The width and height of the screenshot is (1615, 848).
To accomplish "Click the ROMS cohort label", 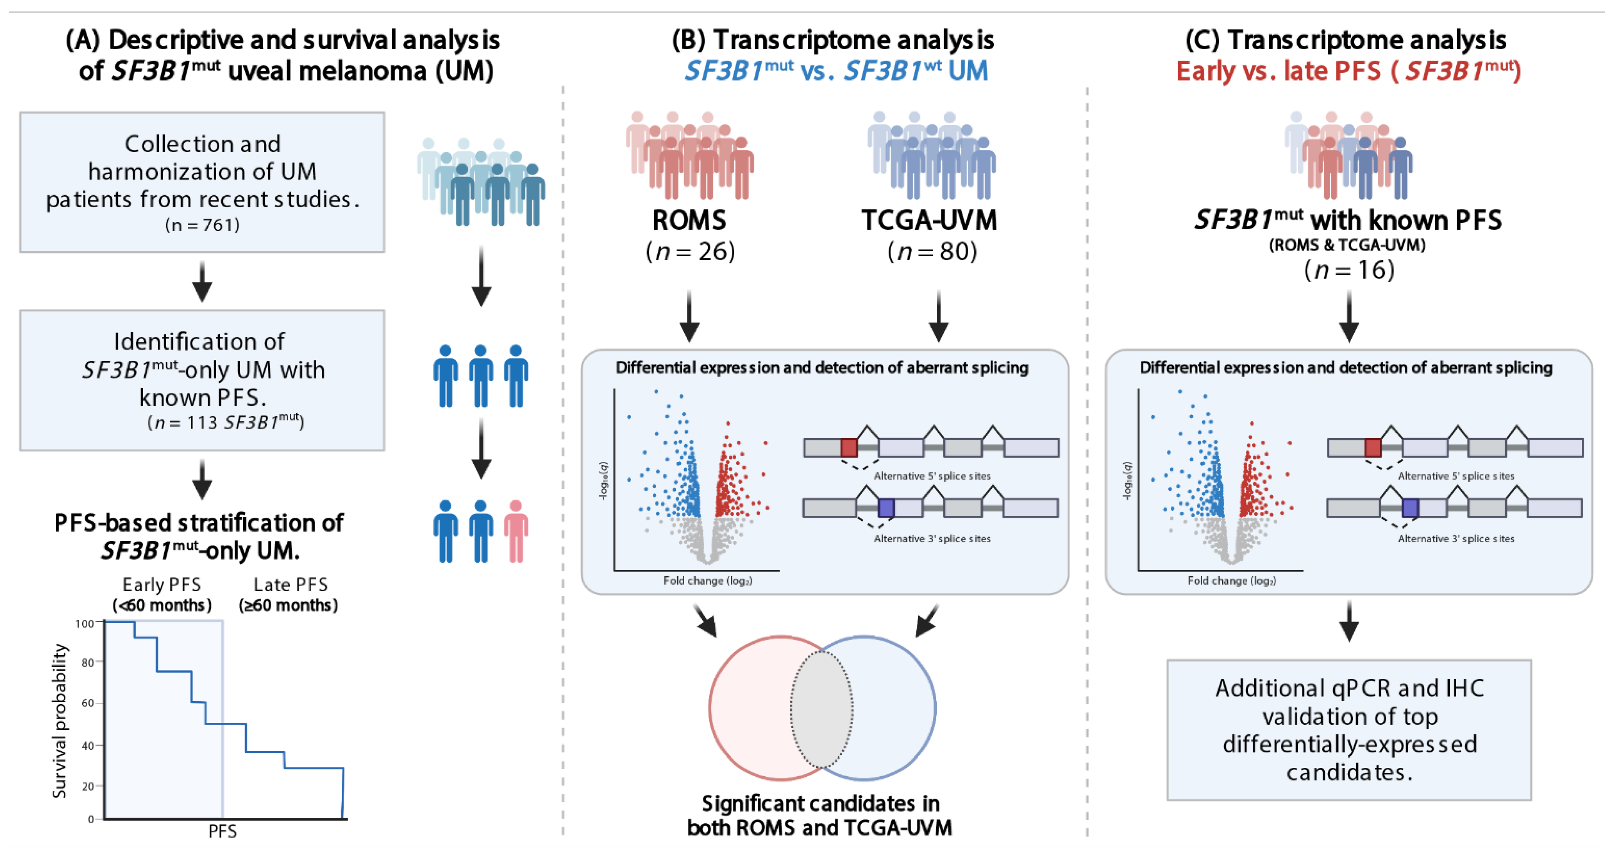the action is [x=689, y=220].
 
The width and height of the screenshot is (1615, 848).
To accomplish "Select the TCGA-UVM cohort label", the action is [x=929, y=220].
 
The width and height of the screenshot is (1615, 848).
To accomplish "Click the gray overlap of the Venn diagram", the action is [x=821, y=709].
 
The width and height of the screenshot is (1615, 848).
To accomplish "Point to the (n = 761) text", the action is [x=202, y=224].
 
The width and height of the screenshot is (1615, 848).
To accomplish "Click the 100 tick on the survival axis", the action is [x=85, y=624].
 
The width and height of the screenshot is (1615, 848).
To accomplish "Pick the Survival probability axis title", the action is [x=60, y=721].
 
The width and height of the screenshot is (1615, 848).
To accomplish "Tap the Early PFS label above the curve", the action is [x=162, y=584].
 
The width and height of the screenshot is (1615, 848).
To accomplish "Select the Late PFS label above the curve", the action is [x=290, y=584].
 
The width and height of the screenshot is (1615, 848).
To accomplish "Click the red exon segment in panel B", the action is [x=849, y=448].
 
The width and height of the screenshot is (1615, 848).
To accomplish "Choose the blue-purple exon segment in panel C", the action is [x=1410, y=508].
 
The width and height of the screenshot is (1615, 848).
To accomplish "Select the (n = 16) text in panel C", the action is [x=1349, y=270].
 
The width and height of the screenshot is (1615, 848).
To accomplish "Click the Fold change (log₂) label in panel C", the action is [x=1231, y=581].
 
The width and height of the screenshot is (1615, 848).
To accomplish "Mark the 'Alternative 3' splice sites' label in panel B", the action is [x=932, y=538].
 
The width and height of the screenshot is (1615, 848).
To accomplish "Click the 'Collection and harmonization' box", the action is [x=202, y=182].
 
